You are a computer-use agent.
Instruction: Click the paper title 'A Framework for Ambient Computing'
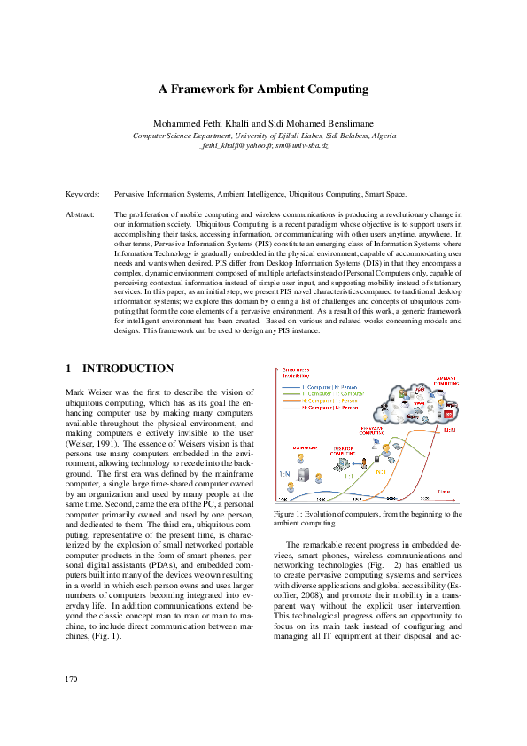[263, 89]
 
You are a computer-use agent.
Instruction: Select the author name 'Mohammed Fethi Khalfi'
[198, 124]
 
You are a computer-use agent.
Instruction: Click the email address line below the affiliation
[263, 145]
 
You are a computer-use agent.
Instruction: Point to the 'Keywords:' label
[82, 193]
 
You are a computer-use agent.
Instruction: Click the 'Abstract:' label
[81, 215]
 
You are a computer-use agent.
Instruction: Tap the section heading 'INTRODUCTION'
[128, 369]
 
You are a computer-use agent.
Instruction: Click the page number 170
[73, 679]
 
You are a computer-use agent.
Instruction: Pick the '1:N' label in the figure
[286, 474]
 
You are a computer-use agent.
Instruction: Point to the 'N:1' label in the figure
[382, 471]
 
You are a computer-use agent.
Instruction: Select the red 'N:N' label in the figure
[449, 430]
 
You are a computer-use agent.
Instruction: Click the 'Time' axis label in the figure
[467, 490]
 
